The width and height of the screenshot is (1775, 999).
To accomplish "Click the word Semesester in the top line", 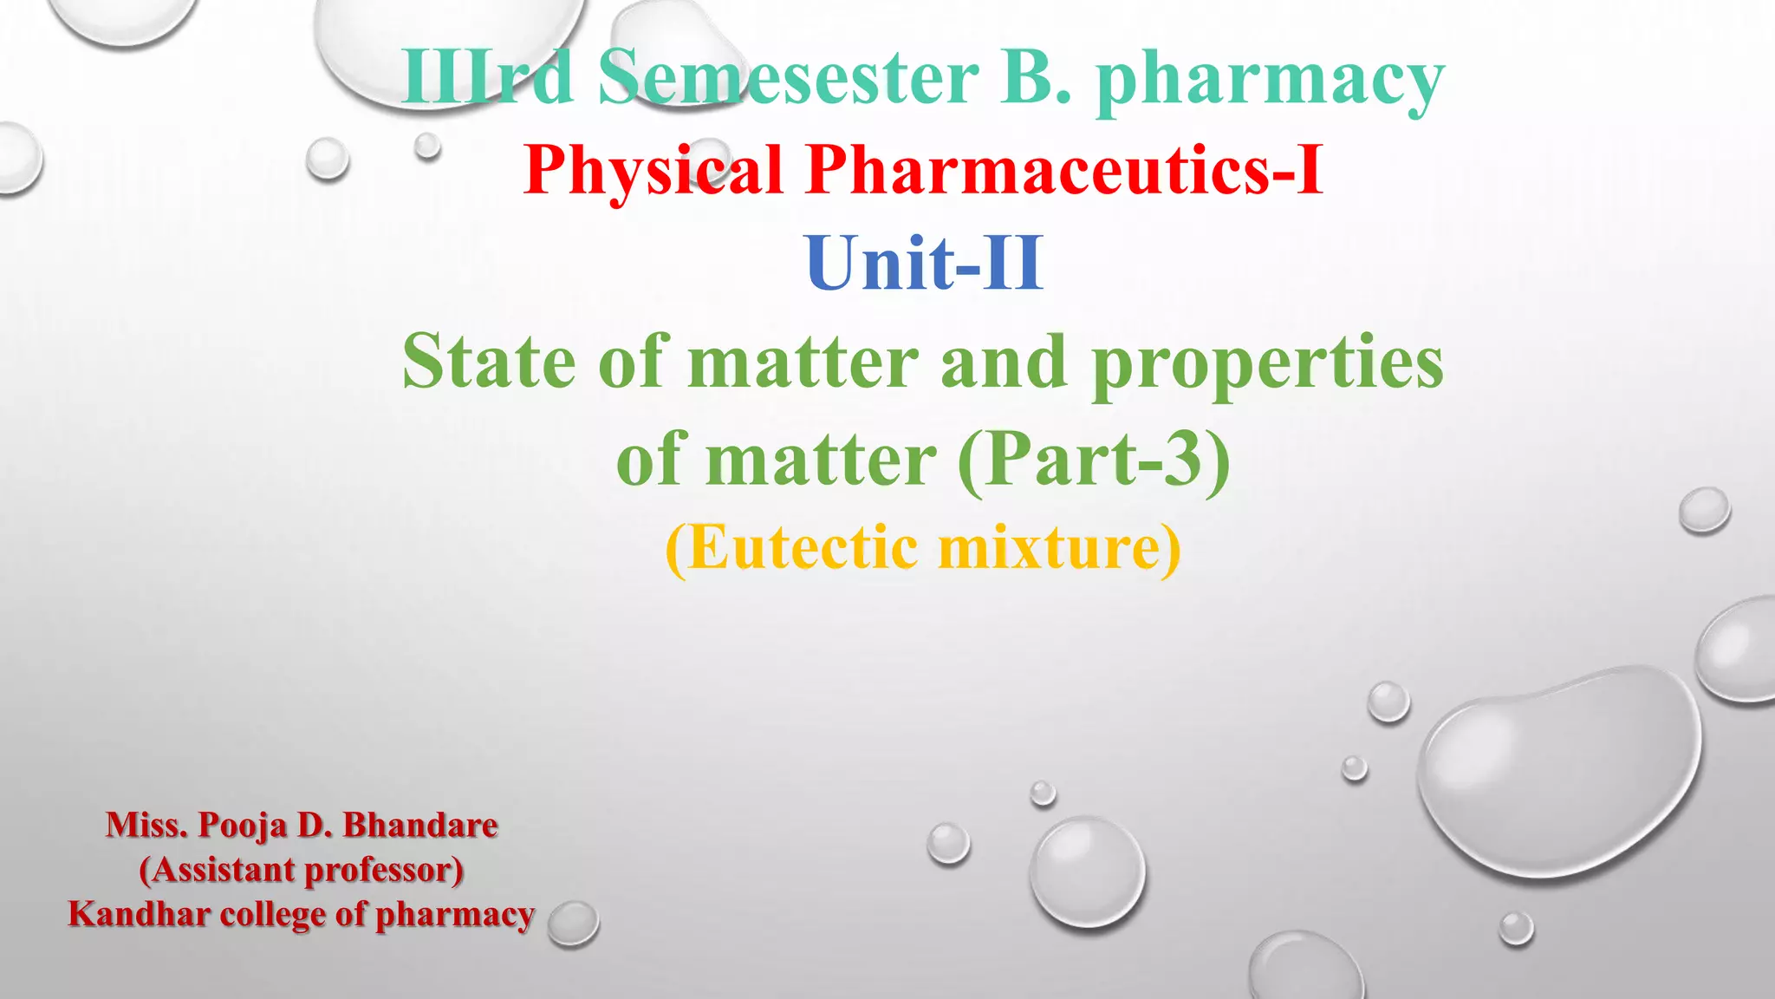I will [x=789, y=78].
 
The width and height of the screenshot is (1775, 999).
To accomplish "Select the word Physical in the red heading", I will [x=654, y=170].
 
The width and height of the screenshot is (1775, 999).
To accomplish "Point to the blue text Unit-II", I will [x=924, y=264].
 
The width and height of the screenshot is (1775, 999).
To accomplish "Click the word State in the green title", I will [x=489, y=362].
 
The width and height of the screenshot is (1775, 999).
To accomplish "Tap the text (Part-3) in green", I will [x=1094, y=460].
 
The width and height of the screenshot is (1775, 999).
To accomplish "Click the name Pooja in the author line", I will [x=243, y=826].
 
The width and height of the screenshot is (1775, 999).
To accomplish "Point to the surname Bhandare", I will [x=420, y=825].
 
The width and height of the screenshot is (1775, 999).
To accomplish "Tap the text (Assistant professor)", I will [x=302, y=870].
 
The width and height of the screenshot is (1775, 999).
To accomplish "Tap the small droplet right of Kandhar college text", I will [x=573, y=923].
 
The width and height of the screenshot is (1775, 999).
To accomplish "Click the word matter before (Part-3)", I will [x=821, y=460].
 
